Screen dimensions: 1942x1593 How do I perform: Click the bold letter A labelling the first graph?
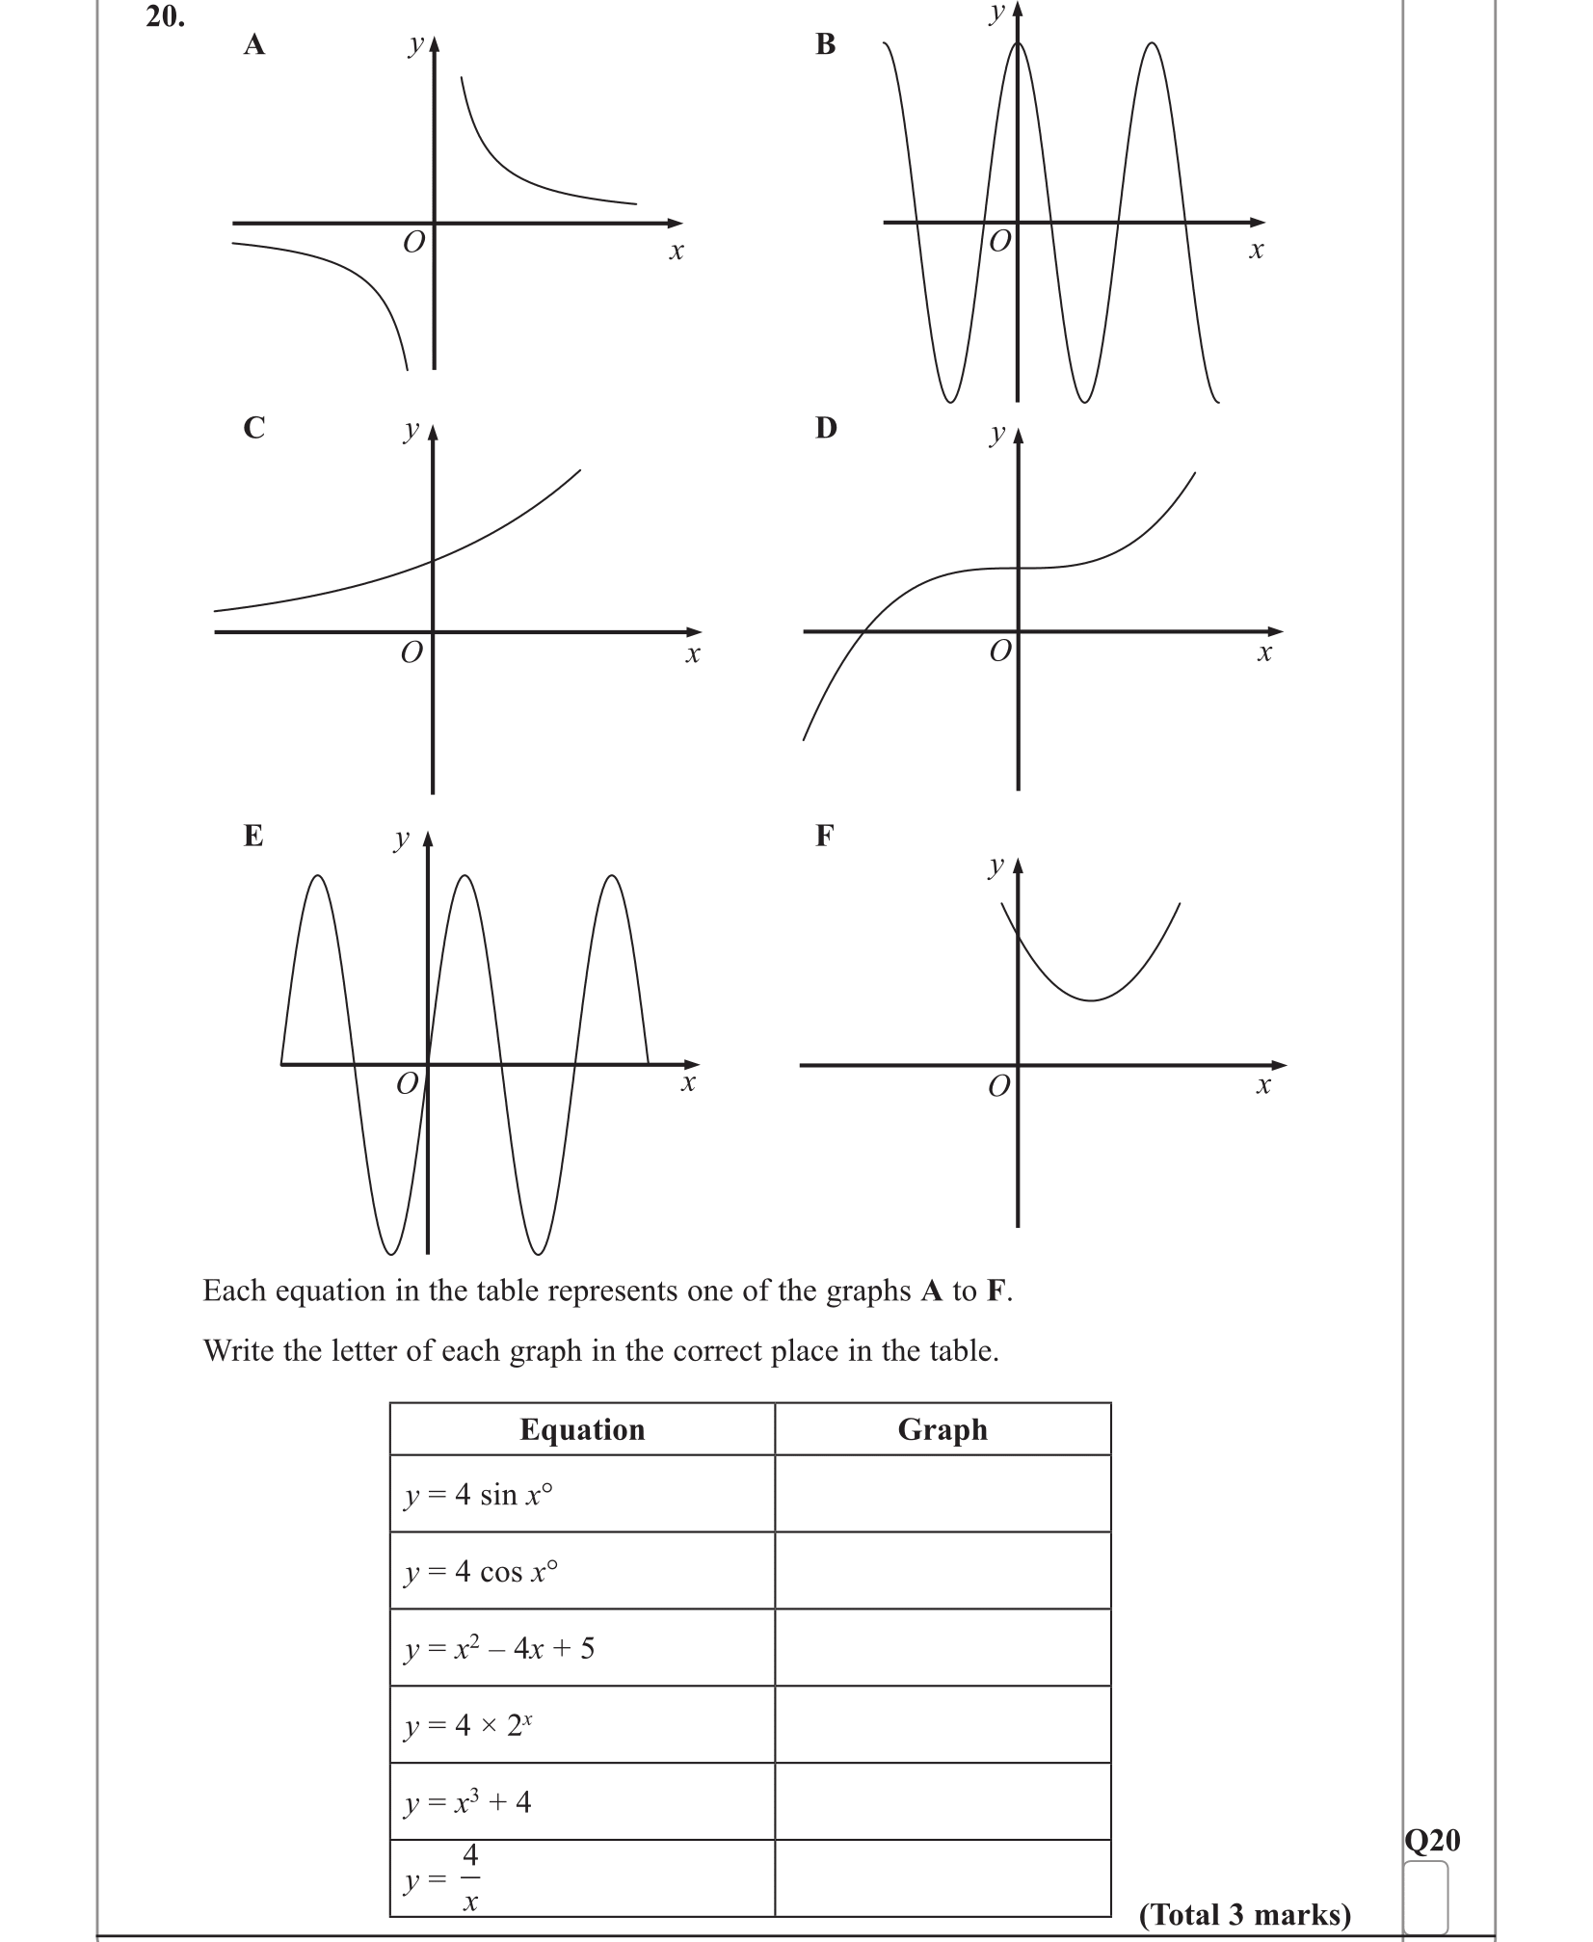pyautogui.click(x=253, y=45)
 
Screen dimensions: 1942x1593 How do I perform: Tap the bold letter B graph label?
pyautogui.click(x=826, y=44)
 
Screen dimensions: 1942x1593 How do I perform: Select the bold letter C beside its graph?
pyautogui.click(x=253, y=427)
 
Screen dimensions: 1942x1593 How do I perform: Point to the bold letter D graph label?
pyautogui.click(x=826, y=427)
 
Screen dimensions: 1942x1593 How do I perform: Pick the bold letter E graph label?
pyautogui.click(x=253, y=836)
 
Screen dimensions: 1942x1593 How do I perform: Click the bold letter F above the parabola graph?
pyautogui.click(x=824, y=836)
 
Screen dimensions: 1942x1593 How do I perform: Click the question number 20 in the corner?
pyautogui.click(x=165, y=16)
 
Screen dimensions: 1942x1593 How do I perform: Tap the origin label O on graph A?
pyautogui.click(x=413, y=242)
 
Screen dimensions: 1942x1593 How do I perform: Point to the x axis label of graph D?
pyautogui.click(x=1264, y=653)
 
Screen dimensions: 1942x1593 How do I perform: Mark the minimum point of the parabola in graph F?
pyautogui.click(x=1091, y=1000)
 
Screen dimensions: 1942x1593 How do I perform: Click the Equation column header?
pyautogui.click(x=582, y=1429)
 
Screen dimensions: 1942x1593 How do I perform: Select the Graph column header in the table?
pyautogui.click(x=943, y=1429)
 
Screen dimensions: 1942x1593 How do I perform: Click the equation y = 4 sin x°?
pyautogui.click(x=479, y=1495)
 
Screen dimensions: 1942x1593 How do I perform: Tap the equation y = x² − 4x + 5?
pyautogui.click(x=499, y=1649)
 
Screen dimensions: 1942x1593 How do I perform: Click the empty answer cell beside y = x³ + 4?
pyautogui.click(x=943, y=1801)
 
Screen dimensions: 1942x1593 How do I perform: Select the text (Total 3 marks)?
pyautogui.click(x=1245, y=1914)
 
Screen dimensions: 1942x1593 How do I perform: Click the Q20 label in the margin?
pyautogui.click(x=1432, y=1841)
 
